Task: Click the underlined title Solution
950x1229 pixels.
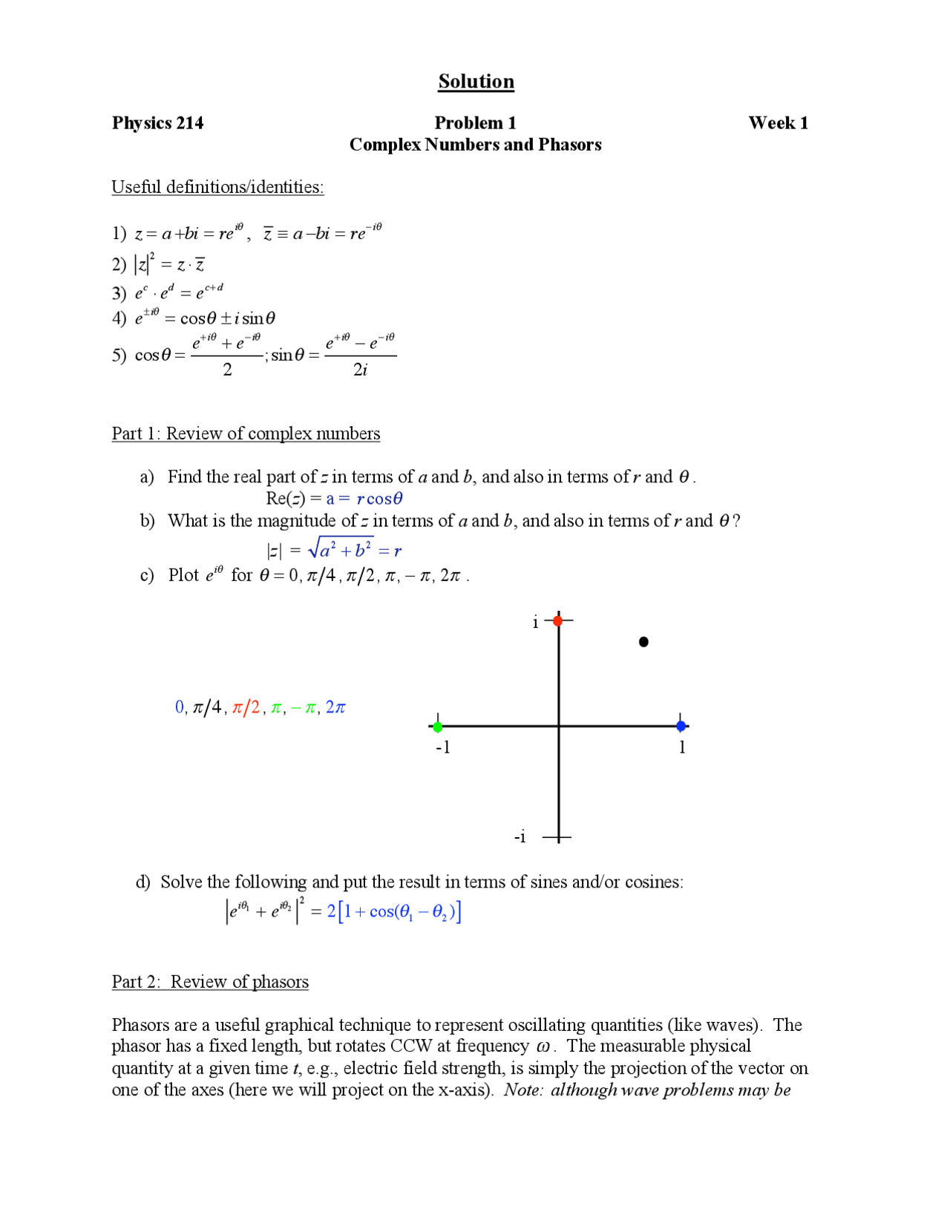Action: (476, 81)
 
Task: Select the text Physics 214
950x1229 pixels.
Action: (157, 123)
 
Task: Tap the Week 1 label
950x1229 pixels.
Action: (777, 123)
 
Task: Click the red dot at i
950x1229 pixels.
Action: (558, 620)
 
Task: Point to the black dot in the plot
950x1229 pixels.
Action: (643, 642)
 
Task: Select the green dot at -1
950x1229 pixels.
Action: (438, 727)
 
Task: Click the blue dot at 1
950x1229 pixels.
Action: (681, 726)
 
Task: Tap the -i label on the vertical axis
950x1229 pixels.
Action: (520, 837)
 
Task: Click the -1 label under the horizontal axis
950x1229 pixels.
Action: (443, 748)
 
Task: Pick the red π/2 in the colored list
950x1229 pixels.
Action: (246, 707)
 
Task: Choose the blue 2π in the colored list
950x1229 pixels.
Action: (335, 707)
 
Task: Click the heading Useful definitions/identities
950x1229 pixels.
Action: (217, 187)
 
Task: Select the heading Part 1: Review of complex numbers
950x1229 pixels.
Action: (246, 433)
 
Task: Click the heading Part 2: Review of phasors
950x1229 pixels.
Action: (210, 982)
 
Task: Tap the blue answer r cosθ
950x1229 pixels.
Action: (379, 499)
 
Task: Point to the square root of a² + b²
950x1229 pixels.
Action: (341, 549)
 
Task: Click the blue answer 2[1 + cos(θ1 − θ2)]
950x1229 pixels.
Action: (393, 911)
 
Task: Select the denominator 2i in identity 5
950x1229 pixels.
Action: (360, 370)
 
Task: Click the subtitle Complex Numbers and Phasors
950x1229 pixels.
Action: (475, 145)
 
